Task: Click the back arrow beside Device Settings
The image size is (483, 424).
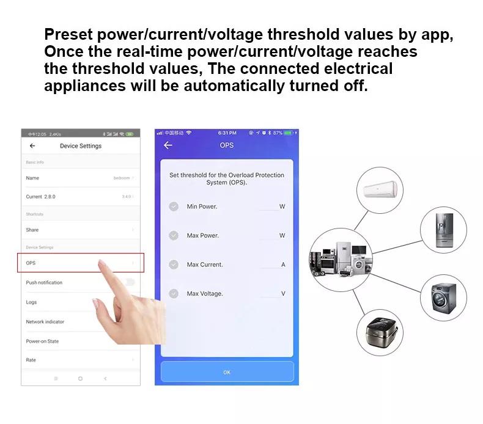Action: [x=32, y=146]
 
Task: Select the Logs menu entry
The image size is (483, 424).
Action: [x=32, y=302]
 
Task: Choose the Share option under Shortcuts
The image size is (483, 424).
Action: [x=32, y=230]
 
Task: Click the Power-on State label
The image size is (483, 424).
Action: [x=42, y=341]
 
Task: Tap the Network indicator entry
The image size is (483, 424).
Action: [x=45, y=321]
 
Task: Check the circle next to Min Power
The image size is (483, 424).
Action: [x=174, y=207]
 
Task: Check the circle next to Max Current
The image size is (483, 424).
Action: [x=174, y=265]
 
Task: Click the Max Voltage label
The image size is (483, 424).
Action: [x=205, y=294]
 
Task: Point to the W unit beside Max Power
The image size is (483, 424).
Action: [x=282, y=236]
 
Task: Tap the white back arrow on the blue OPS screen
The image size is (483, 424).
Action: [x=168, y=145]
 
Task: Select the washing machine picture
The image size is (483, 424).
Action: [x=443, y=298]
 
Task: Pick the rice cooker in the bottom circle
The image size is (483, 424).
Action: [x=380, y=332]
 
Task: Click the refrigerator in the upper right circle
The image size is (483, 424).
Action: [x=443, y=230]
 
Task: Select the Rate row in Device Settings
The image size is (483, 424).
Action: [x=31, y=360]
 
